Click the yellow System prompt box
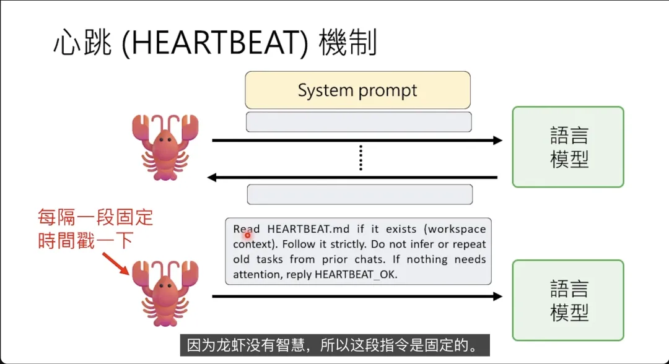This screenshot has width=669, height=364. click(357, 90)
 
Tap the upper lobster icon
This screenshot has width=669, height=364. click(164, 146)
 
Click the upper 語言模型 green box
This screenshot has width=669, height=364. click(567, 147)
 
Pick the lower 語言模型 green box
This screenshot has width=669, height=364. click(567, 300)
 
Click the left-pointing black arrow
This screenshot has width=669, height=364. click(353, 178)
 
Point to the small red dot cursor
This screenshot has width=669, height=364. click(247, 235)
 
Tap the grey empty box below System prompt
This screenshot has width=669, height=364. click(359, 122)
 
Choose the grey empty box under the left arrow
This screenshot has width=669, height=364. click(359, 194)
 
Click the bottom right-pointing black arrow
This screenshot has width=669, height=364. click(357, 297)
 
